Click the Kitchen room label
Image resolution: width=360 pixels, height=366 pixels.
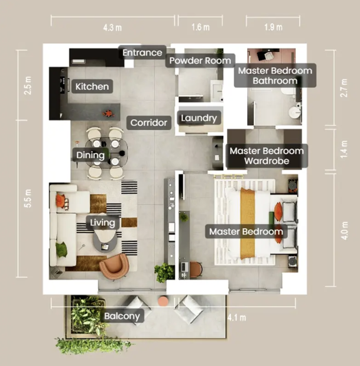[92, 86]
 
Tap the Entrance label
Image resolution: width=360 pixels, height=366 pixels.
[142, 53]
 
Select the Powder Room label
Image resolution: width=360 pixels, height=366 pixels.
[200, 60]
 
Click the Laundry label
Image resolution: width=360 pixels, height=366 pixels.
[199, 118]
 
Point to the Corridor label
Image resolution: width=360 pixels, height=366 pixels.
[149, 122]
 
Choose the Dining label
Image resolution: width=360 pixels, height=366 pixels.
[90, 155]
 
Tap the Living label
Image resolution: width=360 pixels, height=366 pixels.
[103, 222]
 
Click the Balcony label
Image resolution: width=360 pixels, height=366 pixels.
[122, 316]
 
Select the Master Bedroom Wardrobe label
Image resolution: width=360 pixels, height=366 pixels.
[267, 156]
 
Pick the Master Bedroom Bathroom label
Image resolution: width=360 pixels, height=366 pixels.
[275, 76]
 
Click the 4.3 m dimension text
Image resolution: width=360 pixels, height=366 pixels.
[112, 28]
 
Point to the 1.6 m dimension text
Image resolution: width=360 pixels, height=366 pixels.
[200, 27]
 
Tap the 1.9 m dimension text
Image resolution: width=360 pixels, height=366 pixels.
[274, 27]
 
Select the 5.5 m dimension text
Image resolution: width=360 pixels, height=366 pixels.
[28, 199]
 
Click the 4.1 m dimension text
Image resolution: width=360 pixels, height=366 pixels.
[237, 318]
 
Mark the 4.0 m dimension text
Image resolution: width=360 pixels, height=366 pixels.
[345, 231]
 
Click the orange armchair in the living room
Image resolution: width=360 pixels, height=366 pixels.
[114, 266]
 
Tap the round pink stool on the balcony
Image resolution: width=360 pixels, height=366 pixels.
[163, 301]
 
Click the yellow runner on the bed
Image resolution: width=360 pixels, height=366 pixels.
[248, 224]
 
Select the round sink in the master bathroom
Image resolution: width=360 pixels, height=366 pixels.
[294, 112]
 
